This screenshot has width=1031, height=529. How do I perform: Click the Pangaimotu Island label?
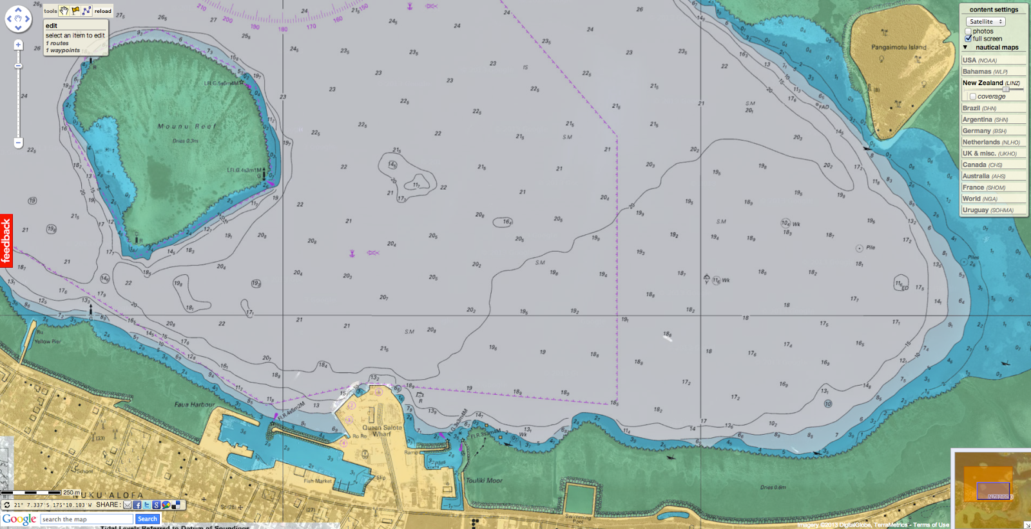[898, 47]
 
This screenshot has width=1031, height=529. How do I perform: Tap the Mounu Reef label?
[187, 126]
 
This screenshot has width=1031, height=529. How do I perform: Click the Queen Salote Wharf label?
[381, 430]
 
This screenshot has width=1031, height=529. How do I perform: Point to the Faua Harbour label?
[195, 404]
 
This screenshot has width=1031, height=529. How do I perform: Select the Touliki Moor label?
[484, 481]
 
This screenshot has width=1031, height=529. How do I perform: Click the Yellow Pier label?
[48, 341]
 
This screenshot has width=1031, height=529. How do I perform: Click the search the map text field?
[87, 519]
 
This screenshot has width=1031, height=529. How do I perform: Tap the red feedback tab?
[6, 241]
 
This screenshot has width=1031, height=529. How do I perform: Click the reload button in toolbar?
[102, 11]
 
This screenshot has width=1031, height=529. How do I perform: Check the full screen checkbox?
[968, 39]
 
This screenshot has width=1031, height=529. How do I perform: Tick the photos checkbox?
[968, 31]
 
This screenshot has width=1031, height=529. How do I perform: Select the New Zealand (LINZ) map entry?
[990, 83]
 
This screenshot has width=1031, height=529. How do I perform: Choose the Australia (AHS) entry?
[983, 176]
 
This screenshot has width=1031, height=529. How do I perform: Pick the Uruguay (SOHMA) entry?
[987, 210]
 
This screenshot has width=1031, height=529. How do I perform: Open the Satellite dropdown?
[986, 21]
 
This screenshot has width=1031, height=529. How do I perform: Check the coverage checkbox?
[972, 96]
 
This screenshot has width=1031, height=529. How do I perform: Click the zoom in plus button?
[18, 45]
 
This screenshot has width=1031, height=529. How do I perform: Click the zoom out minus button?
[18, 143]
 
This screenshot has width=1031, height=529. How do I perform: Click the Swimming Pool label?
[577, 517]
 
